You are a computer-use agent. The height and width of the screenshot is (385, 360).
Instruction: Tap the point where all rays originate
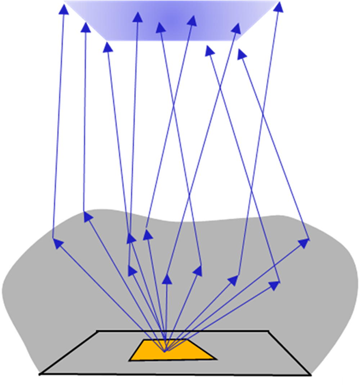[165, 351]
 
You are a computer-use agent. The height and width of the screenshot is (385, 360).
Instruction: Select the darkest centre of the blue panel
[173, 18]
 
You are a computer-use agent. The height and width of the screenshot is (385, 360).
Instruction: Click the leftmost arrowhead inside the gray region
[58, 243]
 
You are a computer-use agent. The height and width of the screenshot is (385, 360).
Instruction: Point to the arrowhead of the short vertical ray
[166, 279]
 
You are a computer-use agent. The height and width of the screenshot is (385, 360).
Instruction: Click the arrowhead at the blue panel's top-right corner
[279, 6]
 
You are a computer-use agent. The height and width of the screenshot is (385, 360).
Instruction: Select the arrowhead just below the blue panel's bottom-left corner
[107, 47]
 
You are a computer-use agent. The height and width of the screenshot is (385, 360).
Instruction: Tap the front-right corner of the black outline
[310, 375]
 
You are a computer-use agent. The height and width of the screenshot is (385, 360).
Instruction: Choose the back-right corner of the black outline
[269, 331]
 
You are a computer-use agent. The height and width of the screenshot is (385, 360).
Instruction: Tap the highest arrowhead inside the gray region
[88, 216]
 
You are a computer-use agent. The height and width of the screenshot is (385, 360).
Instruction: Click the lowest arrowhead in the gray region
[274, 285]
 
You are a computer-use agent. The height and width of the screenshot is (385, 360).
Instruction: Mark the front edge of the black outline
[175, 375]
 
